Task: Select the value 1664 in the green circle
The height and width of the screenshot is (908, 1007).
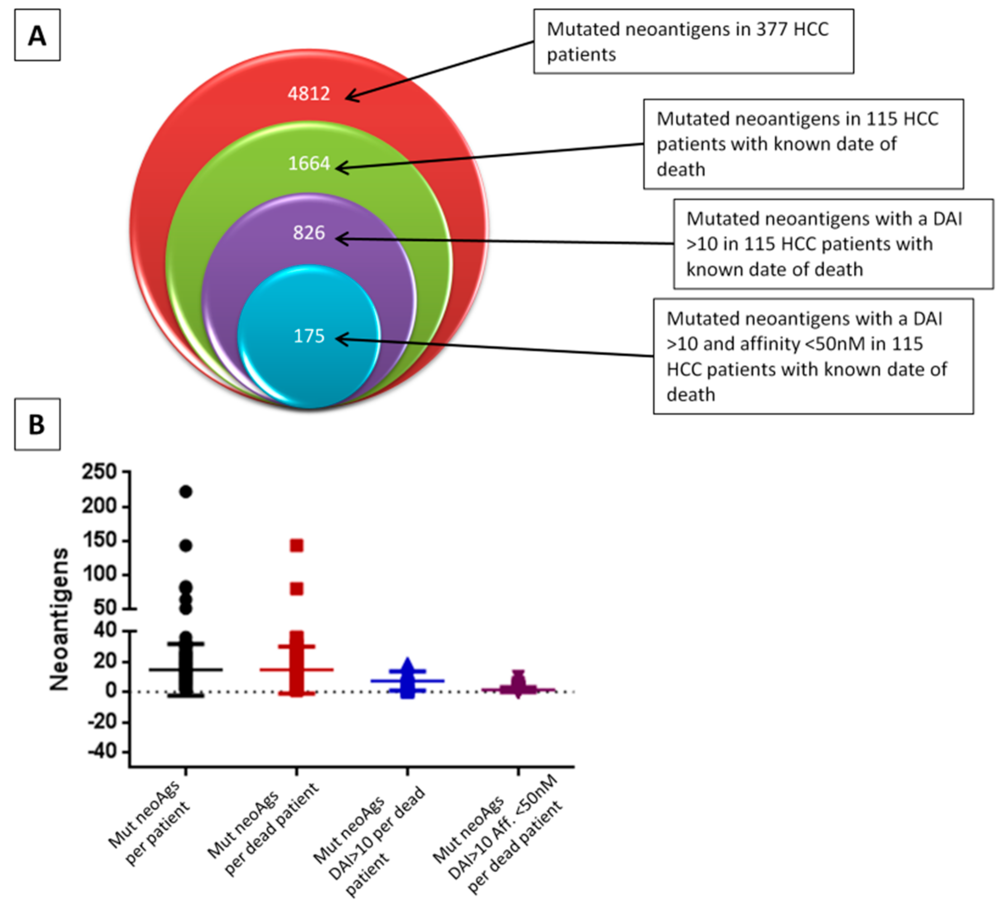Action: [x=309, y=164]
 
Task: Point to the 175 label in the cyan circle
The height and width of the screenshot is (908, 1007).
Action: [x=309, y=336]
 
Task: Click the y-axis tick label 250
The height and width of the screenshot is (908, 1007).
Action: [x=99, y=472]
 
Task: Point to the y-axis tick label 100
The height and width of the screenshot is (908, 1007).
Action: [x=99, y=574]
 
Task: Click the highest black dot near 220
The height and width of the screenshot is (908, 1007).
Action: [x=185, y=492]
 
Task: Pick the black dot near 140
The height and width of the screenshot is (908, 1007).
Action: [x=185, y=546]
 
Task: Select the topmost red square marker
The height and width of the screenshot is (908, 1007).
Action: [x=297, y=546]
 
